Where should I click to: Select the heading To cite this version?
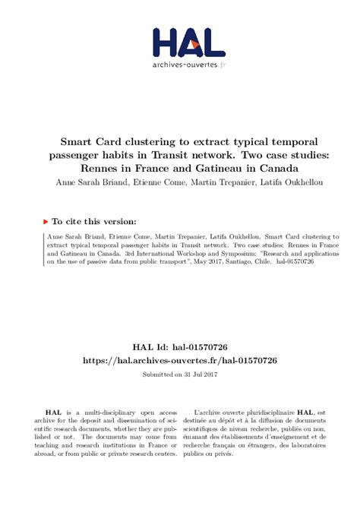coord(95,221)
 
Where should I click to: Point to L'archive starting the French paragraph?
coord(208,411)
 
